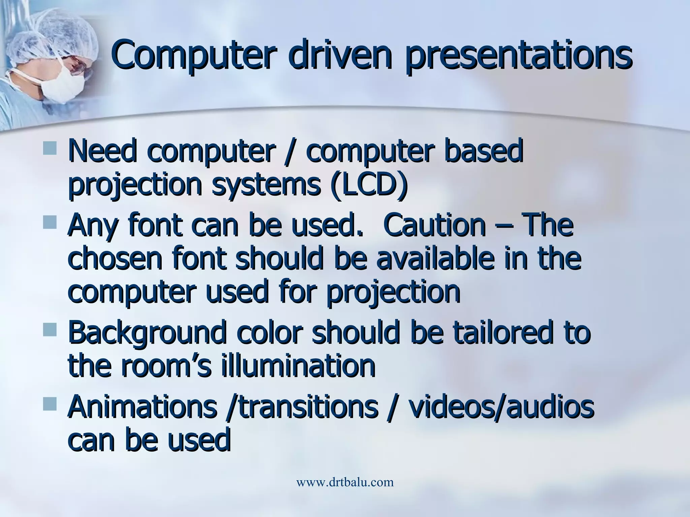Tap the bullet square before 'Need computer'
click(x=50, y=148)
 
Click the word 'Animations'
click(x=142, y=408)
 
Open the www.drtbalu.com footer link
click(x=345, y=482)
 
